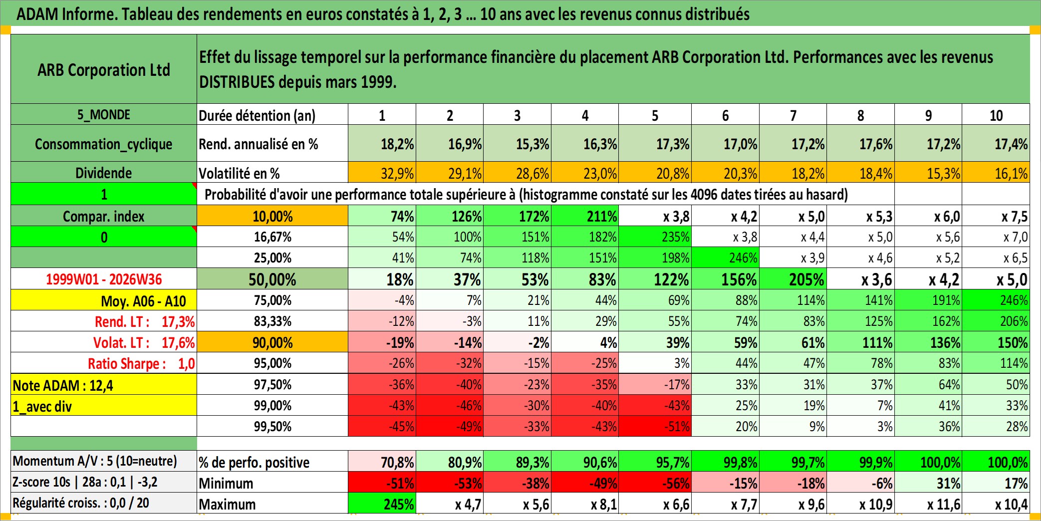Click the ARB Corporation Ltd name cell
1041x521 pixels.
(x=104, y=69)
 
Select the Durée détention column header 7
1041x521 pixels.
(x=793, y=115)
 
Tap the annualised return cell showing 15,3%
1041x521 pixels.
(x=517, y=144)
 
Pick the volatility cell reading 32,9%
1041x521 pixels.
(x=382, y=173)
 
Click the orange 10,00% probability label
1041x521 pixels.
(x=272, y=216)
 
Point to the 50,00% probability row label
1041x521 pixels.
(x=272, y=279)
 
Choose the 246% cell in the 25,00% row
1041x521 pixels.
(x=725, y=258)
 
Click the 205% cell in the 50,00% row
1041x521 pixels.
(x=793, y=279)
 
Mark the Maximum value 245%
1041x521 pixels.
(x=382, y=504)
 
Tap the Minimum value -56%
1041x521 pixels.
(x=655, y=483)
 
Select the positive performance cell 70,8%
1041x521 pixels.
(x=382, y=462)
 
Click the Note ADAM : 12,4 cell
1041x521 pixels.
(x=104, y=385)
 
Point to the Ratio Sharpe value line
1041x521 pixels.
(x=141, y=363)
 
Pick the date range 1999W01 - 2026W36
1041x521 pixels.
(x=104, y=279)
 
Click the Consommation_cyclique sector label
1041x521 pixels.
(x=104, y=144)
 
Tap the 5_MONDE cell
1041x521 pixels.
(x=104, y=114)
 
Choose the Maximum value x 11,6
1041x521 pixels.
(x=928, y=504)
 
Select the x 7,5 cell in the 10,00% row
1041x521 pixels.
(x=996, y=216)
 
